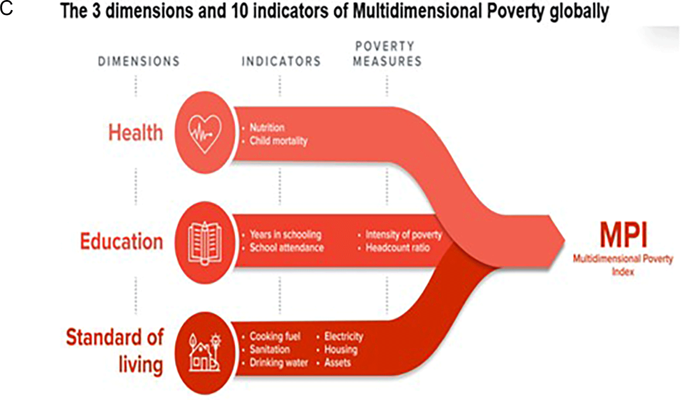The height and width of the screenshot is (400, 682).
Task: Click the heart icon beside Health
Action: tap(205, 134)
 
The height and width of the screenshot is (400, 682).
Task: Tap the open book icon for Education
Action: tap(205, 243)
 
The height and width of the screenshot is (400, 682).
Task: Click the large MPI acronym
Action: tap(623, 235)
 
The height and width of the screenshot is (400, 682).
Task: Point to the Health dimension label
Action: tap(136, 133)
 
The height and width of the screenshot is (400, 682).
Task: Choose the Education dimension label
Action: tap(122, 241)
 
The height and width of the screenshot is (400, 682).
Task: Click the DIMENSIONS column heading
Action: tap(139, 61)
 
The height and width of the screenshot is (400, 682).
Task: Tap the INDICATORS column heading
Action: tap(281, 61)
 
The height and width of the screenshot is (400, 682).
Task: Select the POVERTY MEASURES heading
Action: tap(387, 54)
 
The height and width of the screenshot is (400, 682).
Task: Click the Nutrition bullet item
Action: tap(267, 128)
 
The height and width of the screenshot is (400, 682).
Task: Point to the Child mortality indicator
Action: tap(278, 141)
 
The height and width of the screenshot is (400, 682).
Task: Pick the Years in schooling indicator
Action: tap(285, 234)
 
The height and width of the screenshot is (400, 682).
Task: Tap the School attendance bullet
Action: tap(286, 248)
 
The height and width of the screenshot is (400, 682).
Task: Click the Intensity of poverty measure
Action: tap(403, 234)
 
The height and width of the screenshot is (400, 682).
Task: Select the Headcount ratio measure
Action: tap(398, 248)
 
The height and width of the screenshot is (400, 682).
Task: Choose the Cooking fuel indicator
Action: tap(275, 336)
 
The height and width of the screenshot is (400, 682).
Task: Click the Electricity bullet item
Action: tap(344, 336)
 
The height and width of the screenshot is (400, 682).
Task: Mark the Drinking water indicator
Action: tap(279, 362)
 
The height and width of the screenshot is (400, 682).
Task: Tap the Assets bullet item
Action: tap(338, 362)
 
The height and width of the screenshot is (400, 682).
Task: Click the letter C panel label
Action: tap(7, 9)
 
